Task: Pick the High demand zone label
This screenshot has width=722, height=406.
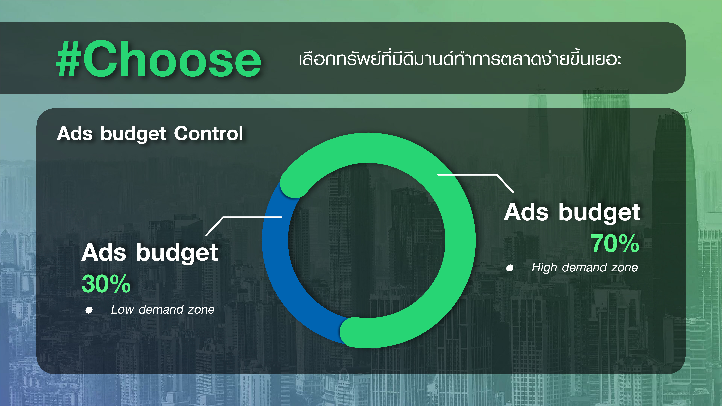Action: click(x=585, y=268)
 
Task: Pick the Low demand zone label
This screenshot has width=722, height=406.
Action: click(x=163, y=310)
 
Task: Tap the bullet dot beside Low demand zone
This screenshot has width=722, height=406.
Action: click(x=89, y=310)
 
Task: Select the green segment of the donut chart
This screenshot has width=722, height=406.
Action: click(x=460, y=238)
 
